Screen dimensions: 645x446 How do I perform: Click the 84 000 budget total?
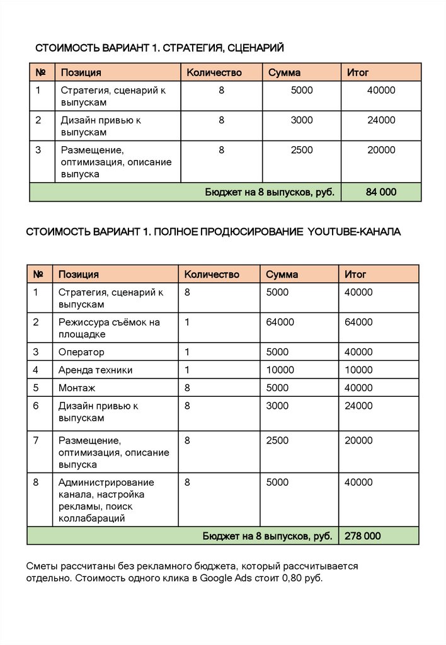click(380, 192)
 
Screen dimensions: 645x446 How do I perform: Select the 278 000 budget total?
click(362, 536)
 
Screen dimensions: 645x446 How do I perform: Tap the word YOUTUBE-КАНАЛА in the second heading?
click(354, 232)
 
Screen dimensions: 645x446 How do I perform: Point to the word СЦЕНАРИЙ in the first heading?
click(256, 48)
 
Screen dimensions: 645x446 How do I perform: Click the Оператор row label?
click(81, 352)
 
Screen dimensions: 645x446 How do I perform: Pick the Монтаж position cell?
click(77, 387)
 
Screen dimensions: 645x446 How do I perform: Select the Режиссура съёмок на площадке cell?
click(109, 328)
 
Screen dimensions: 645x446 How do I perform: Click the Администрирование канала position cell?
click(106, 500)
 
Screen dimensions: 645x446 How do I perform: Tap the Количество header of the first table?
click(214, 72)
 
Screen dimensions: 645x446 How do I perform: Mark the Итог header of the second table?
click(355, 274)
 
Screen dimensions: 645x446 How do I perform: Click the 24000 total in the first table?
click(381, 120)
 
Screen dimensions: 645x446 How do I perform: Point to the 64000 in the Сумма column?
click(280, 322)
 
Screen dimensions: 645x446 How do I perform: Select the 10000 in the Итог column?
click(358, 370)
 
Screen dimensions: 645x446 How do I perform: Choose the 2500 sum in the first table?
click(301, 150)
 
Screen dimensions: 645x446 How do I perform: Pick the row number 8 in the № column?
click(36, 482)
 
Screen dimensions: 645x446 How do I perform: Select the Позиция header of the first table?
click(81, 72)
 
